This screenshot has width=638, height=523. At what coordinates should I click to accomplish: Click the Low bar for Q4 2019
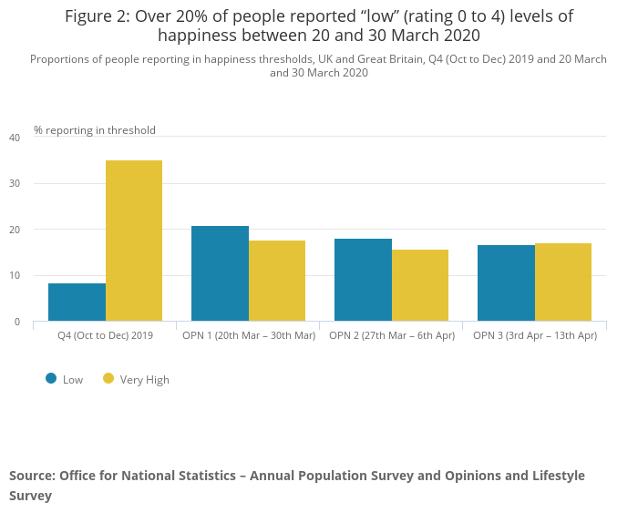77,303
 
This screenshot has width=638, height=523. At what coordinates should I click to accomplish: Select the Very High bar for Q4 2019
134,241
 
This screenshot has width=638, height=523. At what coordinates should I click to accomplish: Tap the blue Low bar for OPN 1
220,273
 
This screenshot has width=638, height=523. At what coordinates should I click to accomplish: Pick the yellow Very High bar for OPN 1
277,281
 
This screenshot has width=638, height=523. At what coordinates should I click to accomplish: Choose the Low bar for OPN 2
363,280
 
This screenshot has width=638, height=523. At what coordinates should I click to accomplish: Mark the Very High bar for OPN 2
420,285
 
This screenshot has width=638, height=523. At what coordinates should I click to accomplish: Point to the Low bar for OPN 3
506,283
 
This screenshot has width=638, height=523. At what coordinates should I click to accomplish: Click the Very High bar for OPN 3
563,282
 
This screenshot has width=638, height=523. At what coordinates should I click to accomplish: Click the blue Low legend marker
51,379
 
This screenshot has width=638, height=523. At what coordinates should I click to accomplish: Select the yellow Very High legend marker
108,379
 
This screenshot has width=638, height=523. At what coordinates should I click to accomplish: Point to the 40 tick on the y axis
15,138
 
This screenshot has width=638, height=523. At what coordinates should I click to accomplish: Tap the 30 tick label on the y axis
15,183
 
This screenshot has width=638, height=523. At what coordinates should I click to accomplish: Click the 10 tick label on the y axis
15,275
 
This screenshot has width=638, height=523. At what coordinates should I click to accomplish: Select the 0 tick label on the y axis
16,322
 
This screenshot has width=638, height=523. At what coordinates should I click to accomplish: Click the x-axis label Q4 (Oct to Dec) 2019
105,335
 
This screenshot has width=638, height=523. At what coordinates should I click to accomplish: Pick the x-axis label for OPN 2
391,335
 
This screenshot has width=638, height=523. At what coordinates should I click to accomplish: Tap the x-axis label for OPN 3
535,335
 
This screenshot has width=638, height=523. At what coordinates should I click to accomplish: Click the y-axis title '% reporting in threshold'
95,130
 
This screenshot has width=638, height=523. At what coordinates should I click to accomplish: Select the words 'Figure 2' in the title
97,16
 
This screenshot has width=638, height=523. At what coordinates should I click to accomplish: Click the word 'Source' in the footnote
32,476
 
